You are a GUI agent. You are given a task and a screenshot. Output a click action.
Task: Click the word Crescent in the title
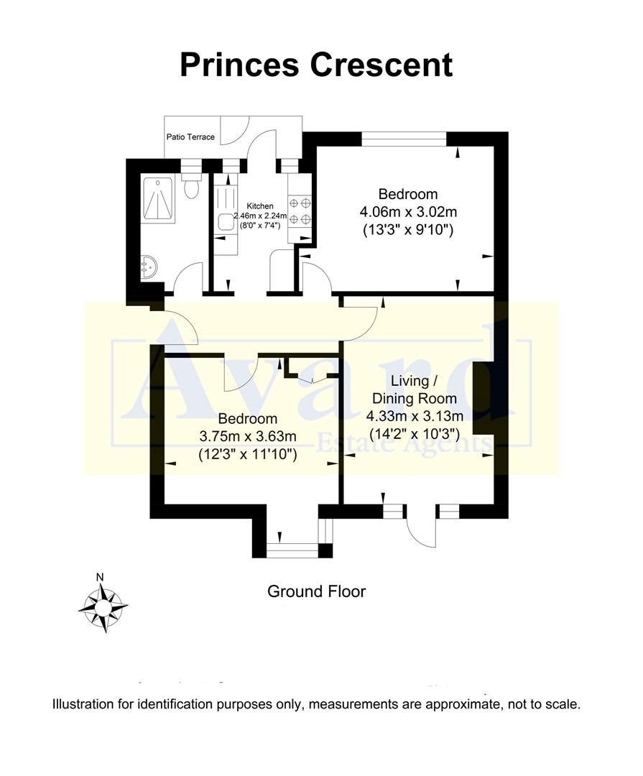point(382,64)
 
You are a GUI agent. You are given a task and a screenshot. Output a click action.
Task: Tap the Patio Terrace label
point(190,137)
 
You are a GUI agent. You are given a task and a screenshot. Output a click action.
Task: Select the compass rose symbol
point(103,607)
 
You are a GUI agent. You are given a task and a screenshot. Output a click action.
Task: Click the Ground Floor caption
point(316,591)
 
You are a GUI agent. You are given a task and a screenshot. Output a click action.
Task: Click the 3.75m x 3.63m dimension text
point(248,436)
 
